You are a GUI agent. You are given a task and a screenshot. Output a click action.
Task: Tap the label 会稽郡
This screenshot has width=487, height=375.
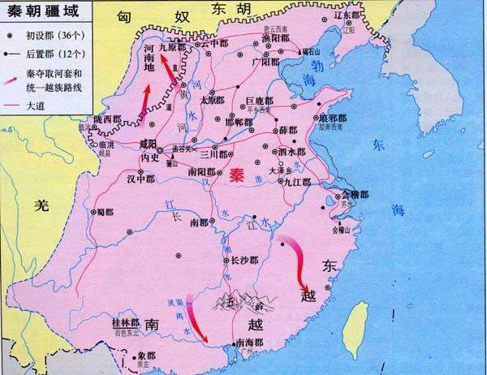355,196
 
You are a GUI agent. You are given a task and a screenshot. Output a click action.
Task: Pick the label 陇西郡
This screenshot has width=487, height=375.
106,119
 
